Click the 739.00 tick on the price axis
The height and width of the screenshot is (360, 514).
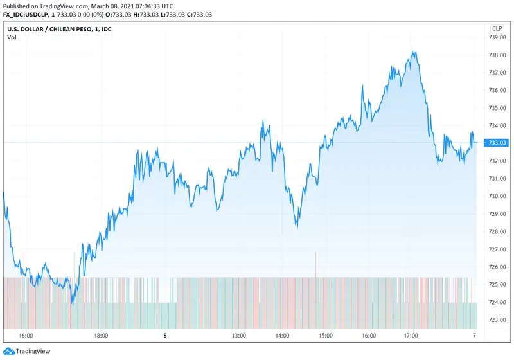coord(497,37)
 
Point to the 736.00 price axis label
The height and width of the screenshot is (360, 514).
coord(497,90)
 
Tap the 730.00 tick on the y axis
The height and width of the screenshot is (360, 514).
coord(497,196)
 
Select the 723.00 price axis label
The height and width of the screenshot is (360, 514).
coord(497,319)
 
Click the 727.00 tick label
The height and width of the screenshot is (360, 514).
coord(497,249)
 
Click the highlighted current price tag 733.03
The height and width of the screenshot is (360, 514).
coord(498,143)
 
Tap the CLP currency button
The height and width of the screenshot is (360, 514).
coord(497,28)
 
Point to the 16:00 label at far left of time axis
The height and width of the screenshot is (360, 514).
coord(26,336)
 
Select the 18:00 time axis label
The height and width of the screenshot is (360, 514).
coord(101,336)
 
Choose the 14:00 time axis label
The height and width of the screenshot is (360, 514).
coord(282,336)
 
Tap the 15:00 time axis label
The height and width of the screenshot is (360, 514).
coord(325,336)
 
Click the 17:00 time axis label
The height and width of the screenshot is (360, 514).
coord(411,336)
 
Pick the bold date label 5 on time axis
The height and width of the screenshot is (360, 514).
coord(165,336)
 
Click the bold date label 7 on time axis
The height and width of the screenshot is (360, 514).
coord(474,336)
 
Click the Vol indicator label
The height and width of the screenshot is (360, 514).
coord(12,37)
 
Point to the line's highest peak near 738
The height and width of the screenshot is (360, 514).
coord(415,53)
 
